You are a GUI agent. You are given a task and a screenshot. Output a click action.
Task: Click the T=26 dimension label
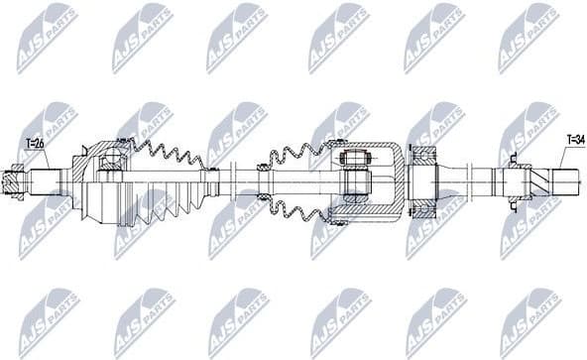coord(37,144)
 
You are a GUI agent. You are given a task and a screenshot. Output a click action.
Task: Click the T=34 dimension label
coord(576,140)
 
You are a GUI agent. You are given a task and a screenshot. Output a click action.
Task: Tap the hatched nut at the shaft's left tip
coord(13,181)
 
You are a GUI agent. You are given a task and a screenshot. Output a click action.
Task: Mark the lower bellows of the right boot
coord(297,208)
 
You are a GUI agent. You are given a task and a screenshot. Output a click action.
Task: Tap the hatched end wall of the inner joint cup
coord(395,181)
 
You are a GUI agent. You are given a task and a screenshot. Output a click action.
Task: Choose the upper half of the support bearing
coord(425,158)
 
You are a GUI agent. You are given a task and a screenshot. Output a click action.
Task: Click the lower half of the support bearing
coord(425,205)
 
